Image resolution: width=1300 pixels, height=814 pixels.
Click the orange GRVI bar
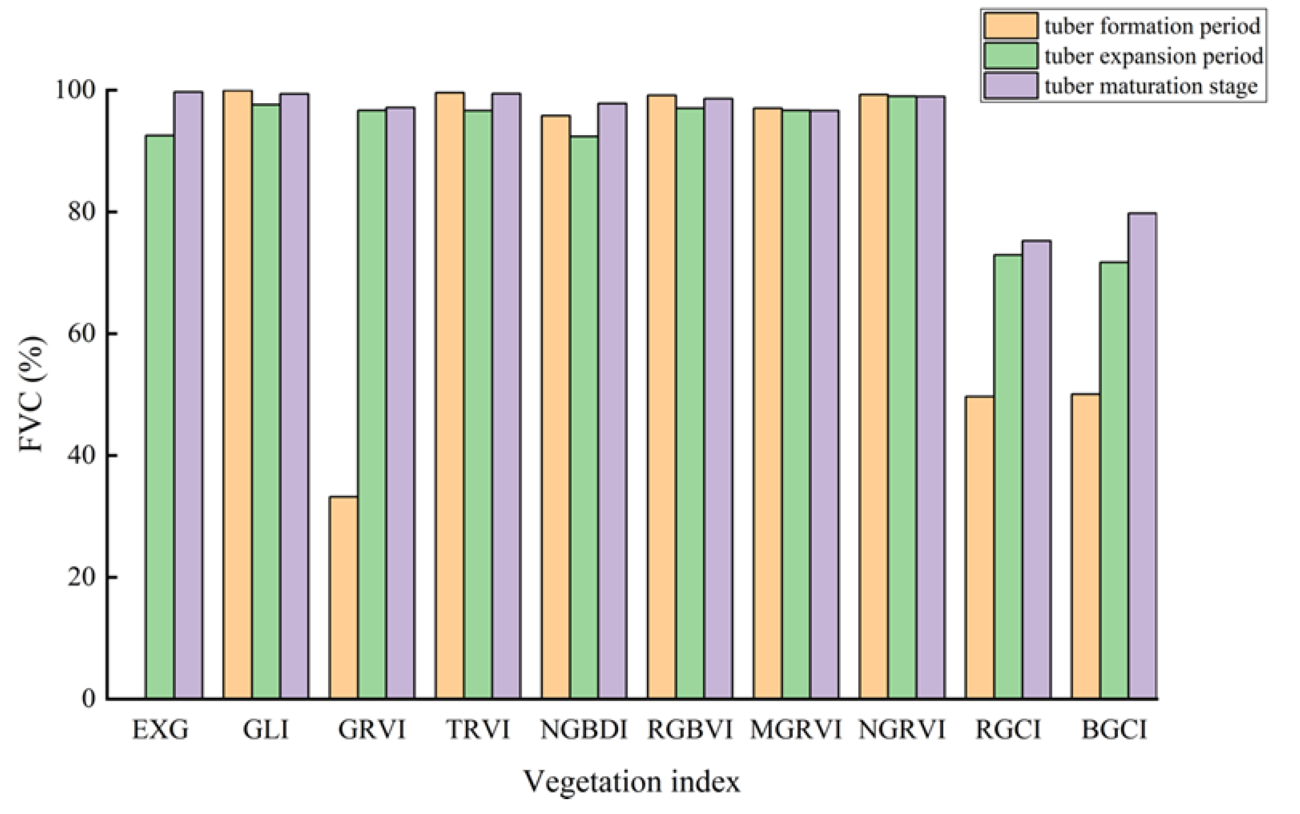pos(344,598)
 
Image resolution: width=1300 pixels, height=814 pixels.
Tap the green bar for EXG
pos(160,417)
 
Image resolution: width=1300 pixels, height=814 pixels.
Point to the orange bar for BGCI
pos(1085,546)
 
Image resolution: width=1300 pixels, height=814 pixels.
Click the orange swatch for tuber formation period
pos(1010,26)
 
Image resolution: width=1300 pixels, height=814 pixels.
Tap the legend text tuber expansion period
pos(1153,56)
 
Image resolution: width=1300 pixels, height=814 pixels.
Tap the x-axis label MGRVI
pos(795,730)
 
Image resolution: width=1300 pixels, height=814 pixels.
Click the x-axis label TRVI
pos(478,730)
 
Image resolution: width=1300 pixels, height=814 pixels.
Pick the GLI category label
pos(266,730)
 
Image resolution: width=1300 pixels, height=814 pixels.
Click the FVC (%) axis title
pos(31,394)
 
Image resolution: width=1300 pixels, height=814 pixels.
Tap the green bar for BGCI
pos(1114,480)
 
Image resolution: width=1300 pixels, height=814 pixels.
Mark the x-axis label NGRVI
pos(902,730)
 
